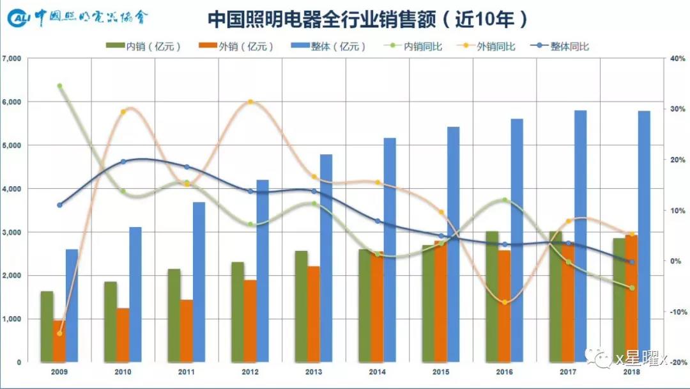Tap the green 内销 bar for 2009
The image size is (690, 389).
point(47,326)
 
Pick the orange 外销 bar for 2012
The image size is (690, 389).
point(250,321)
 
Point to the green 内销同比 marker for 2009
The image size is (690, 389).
point(59,86)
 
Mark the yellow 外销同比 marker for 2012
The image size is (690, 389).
point(250,102)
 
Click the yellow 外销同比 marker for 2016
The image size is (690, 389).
point(505,302)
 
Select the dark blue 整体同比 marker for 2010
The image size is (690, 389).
point(123,161)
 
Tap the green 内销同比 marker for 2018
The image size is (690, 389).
point(632,288)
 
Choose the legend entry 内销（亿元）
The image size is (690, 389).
point(144,46)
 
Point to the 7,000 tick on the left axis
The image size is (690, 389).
point(12,59)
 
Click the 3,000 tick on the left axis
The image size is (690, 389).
point(12,232)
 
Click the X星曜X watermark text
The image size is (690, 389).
point(640,360)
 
